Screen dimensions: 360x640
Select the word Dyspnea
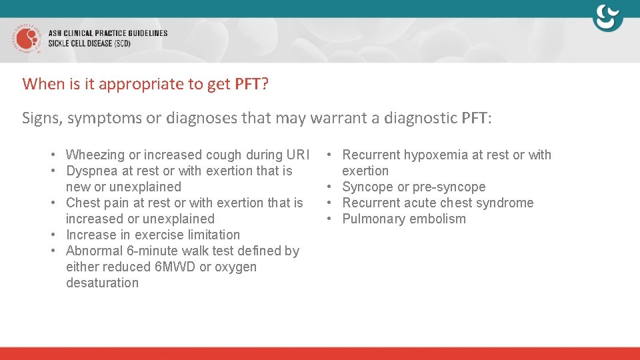91,171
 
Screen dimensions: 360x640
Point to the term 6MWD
173,267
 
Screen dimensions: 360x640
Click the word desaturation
102,283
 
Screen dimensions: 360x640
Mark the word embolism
439,219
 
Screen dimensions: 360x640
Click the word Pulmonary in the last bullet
373,219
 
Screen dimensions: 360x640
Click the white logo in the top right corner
607,18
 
